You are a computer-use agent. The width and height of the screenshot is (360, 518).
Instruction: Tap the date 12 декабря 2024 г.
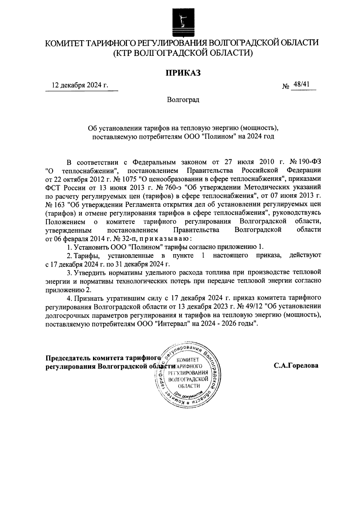(80, 85)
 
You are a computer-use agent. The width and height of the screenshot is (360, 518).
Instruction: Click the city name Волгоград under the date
(183, 100)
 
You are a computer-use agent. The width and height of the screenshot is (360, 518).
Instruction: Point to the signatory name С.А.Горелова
(295, 366)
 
